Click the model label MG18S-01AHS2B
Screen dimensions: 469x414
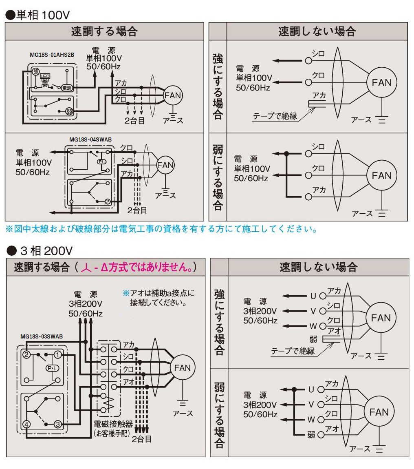tap(52, 55)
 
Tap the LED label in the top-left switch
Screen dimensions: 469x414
tap(45, 76)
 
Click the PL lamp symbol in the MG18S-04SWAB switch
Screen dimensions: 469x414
tap(101, 162)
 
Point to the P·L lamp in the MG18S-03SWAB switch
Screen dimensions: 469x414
tap(52, 368)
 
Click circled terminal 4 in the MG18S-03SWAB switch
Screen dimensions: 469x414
tap(26, 424)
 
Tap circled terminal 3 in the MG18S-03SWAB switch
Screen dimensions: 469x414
tap(58, 424)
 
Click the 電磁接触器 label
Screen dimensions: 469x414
tap(113, 424)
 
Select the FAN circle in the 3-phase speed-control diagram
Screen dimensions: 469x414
tap(182, 368)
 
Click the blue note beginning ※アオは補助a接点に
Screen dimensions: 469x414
tap(159, 298)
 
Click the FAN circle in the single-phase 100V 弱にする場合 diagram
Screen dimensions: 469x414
tap(381, 176)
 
